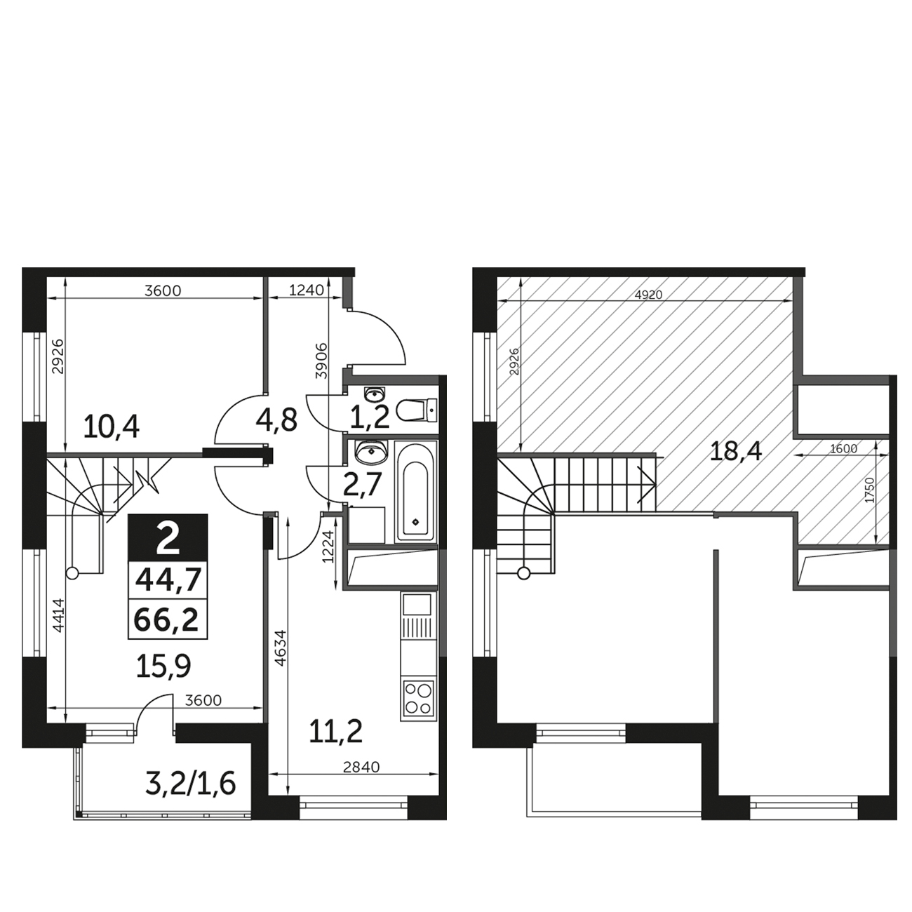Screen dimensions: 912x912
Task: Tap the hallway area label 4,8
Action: pyautogui.click(x=276, y=420)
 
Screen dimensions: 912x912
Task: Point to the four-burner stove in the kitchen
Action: pyautogui.click(x=418, y=700)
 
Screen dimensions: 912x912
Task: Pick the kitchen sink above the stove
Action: pyautogui.click(x=417, y=605)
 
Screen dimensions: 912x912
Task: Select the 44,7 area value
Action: pyautogui.click(x=168, y=579)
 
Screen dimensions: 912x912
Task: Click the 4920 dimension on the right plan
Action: pyautogui.click(x=648, y=295)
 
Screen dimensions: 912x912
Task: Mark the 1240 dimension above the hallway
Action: pyautogui.click(x=306, y=290)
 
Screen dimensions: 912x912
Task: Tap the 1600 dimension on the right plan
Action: pyautogui.click(x=844, y=448)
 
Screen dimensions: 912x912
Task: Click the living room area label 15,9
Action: pyautogui.click(x=163, y=666)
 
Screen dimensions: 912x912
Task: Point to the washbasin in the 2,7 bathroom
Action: pyautogui.click(x=372, y=452)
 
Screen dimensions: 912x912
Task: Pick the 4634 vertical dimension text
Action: pyautogui.click(x=281, y=648)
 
